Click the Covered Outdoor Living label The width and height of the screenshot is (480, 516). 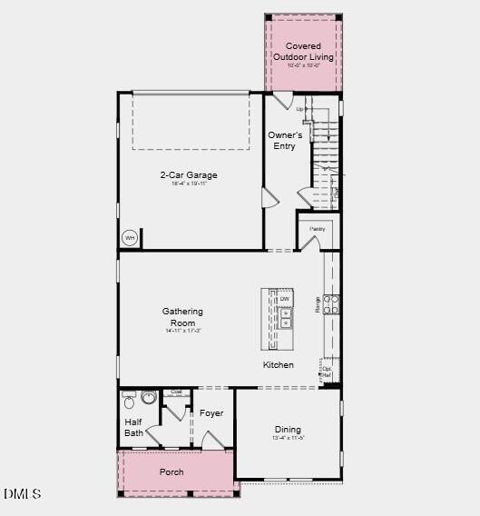point(303,52)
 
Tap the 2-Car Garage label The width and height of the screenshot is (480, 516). point(189,175)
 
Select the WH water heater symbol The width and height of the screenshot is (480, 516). point(130,238)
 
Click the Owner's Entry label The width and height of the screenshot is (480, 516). point(284,141)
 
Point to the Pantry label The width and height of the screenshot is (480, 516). point(317,229)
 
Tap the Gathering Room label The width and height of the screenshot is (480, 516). point(183,317)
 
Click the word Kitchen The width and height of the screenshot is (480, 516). point(279,365)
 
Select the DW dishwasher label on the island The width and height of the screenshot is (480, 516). point(285,299)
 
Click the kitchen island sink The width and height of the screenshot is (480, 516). point(285,317)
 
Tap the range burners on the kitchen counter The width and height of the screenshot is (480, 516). point(332,303)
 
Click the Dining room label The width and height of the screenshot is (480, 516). point(288,430)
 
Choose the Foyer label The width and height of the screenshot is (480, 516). point(211,414)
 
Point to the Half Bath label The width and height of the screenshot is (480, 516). point(133,427)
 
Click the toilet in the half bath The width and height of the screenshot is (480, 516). point(129,400)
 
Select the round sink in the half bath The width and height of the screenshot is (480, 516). point(149,397)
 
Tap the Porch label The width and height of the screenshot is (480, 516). point(171,472)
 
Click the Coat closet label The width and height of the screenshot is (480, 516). point(176,392)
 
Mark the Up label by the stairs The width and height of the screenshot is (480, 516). point(300,110)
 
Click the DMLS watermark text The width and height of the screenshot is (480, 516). point(23,494)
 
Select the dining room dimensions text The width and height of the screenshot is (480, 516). point(288,439)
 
